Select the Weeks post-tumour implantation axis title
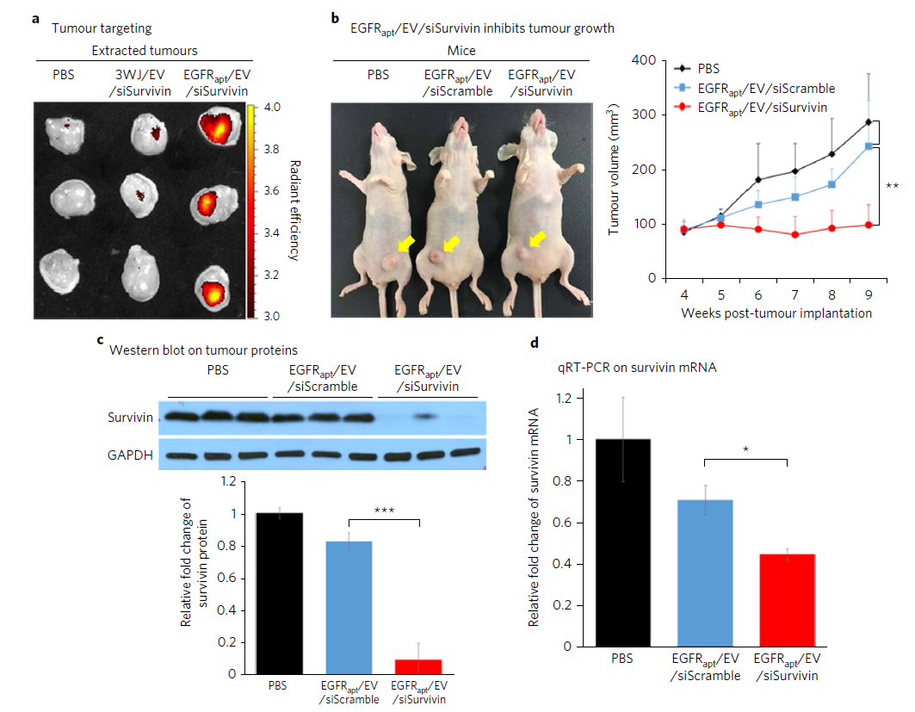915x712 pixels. [776, 313]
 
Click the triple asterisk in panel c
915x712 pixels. [383, 511]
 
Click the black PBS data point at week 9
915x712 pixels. [869, 121]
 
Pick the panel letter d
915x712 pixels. [536, 344]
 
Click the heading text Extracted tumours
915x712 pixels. [145, 52]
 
